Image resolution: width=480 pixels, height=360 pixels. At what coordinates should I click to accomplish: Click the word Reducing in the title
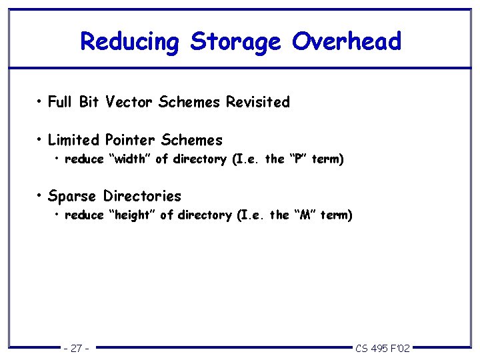(x=130, y=42)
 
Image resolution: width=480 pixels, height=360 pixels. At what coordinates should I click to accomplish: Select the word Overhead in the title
(x=346, y=41)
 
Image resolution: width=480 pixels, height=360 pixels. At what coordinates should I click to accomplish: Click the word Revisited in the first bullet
(x=258, y=103)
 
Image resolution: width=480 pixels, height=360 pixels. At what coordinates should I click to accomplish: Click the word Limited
(x=74, y=140)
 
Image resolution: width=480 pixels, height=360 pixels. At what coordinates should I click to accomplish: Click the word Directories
(x=142, y=196)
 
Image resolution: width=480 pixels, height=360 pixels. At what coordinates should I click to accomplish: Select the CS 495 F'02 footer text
(x=383, y=348)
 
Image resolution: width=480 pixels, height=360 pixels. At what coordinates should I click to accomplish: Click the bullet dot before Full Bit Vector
(x=41, y=102)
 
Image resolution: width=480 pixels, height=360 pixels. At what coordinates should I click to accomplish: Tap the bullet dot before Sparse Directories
(x=41, y=195)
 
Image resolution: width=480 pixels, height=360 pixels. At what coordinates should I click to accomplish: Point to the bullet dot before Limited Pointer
(x=41, y=139)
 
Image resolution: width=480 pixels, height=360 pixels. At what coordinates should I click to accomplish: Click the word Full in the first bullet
(x=60, y=103)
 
